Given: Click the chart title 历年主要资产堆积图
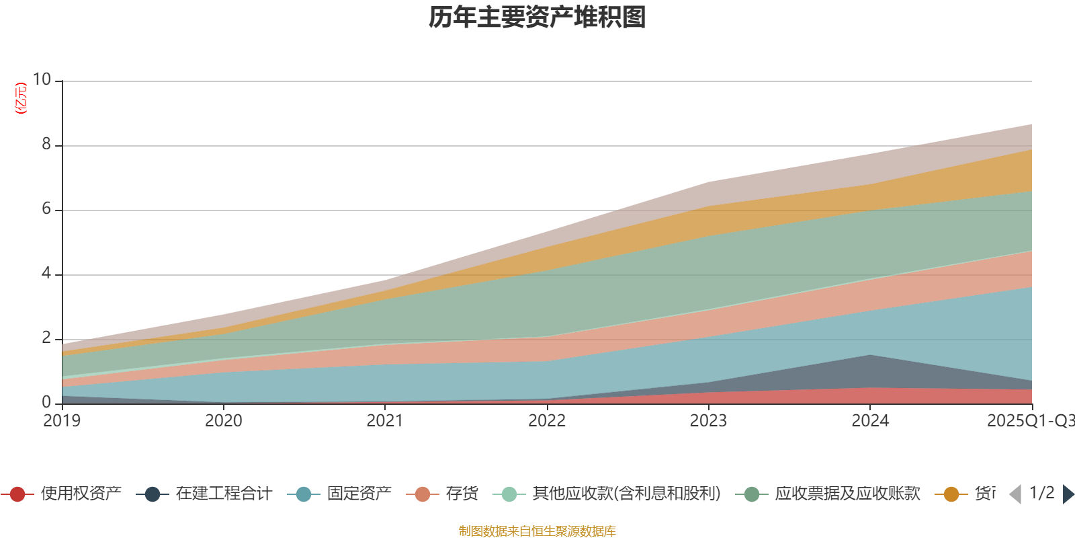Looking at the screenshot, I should point(537,17).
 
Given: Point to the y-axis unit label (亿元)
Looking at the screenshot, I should point(21,98).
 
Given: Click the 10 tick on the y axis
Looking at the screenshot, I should point(42,79).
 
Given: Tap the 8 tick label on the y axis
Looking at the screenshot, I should point(46,144).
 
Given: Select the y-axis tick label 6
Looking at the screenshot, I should point(46,208).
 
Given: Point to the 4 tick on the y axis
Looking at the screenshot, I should point(46,273).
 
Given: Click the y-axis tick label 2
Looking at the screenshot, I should point(46,338).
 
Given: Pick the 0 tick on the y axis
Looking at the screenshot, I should point(46,402).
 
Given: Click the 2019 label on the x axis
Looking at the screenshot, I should point(62,421).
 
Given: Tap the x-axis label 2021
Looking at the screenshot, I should point(385,421).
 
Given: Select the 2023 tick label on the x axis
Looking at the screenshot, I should point(708,421).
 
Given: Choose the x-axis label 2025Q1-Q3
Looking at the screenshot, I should point(1029,421).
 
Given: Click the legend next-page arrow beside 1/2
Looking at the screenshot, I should point(1068,494).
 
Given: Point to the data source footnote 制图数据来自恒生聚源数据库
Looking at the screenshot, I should point(537,531).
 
